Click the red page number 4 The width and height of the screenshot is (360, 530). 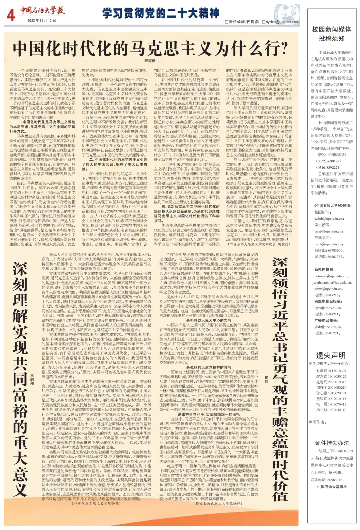click(11, 15)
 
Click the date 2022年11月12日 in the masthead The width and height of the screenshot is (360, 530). click(41, 20)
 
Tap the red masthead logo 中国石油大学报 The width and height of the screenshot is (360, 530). click(41, 10)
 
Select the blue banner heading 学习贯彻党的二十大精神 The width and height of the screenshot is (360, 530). click(160, 13)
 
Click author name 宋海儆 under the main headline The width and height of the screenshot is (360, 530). click(150, 61)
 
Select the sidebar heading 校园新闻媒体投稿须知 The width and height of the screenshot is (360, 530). click(332, 34)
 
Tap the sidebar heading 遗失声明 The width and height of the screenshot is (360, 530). click(331, 355)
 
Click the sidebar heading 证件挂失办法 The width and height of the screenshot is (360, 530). click(332, 443)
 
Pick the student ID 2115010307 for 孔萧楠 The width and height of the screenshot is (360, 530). click(337, 371)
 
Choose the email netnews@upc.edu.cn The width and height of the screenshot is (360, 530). click(331, 276)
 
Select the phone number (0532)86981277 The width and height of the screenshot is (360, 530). click(329, 161)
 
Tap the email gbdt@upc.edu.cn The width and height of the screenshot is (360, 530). click(328, 327)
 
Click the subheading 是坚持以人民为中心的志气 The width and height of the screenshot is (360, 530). click(209, 320)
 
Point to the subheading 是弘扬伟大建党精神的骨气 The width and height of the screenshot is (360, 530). click(209, 367)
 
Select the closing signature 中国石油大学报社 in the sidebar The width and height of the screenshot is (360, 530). click(332, 487)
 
